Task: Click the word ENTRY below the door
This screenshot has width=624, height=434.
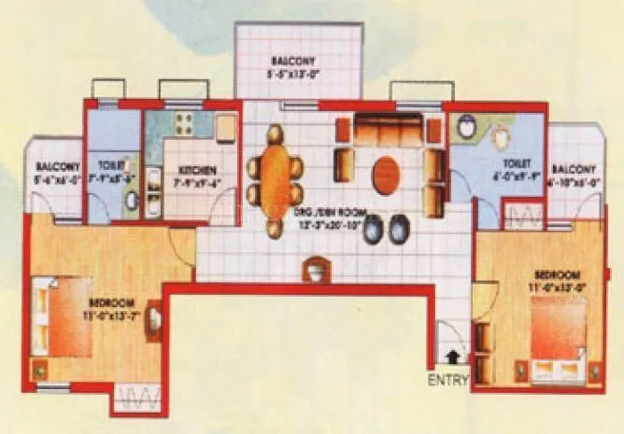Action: [x=448, y=380]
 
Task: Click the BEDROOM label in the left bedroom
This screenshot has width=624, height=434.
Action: [x=112, y=303]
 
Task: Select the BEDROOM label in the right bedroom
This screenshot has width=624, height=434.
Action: [x=557, y=274]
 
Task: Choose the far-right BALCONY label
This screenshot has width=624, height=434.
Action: [x=573, y=168]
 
